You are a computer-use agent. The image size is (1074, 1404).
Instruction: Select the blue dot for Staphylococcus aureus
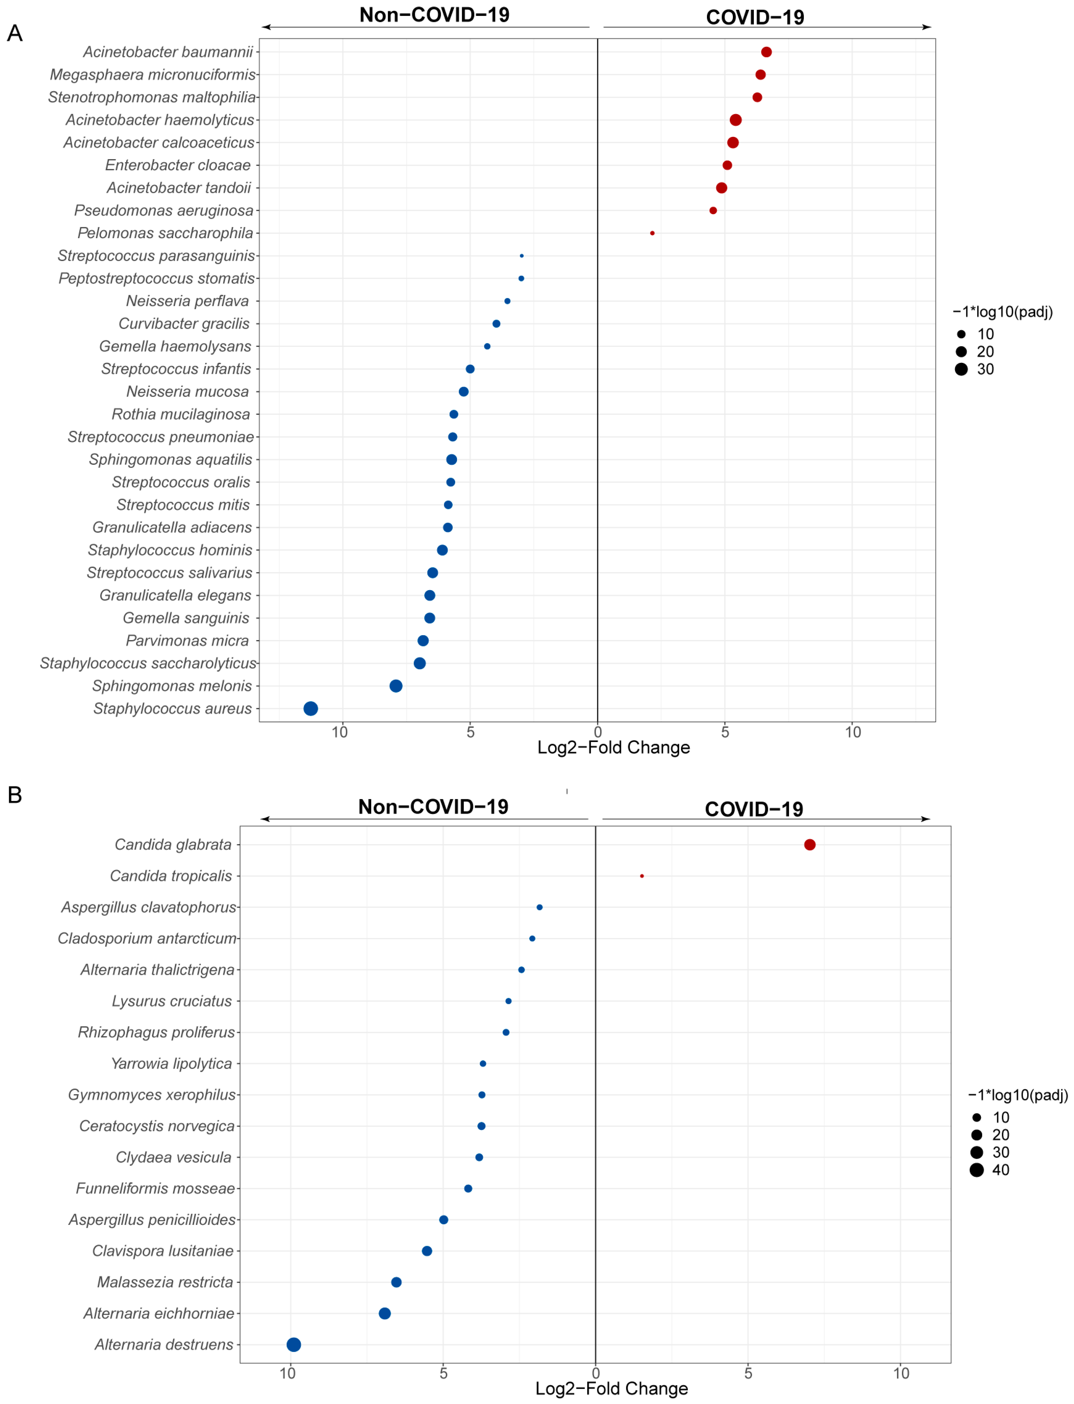[311, 708]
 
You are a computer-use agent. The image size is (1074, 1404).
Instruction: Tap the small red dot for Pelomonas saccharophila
[652, 233]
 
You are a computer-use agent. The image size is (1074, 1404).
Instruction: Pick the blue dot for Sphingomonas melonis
[396, 686]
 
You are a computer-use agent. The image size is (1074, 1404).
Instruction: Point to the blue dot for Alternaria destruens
[293, 1345]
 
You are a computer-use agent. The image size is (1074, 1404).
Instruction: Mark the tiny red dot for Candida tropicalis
[642, 876]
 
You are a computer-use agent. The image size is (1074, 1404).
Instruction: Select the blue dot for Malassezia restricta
[396, 1282]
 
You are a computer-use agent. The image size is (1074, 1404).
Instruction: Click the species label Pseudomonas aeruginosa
[164, 210]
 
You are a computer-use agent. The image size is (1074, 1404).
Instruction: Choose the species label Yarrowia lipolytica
[171, 1063]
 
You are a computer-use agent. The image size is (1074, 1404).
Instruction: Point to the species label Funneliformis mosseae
[155, 1188]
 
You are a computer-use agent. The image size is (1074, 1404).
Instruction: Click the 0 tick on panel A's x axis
[598, 732]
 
